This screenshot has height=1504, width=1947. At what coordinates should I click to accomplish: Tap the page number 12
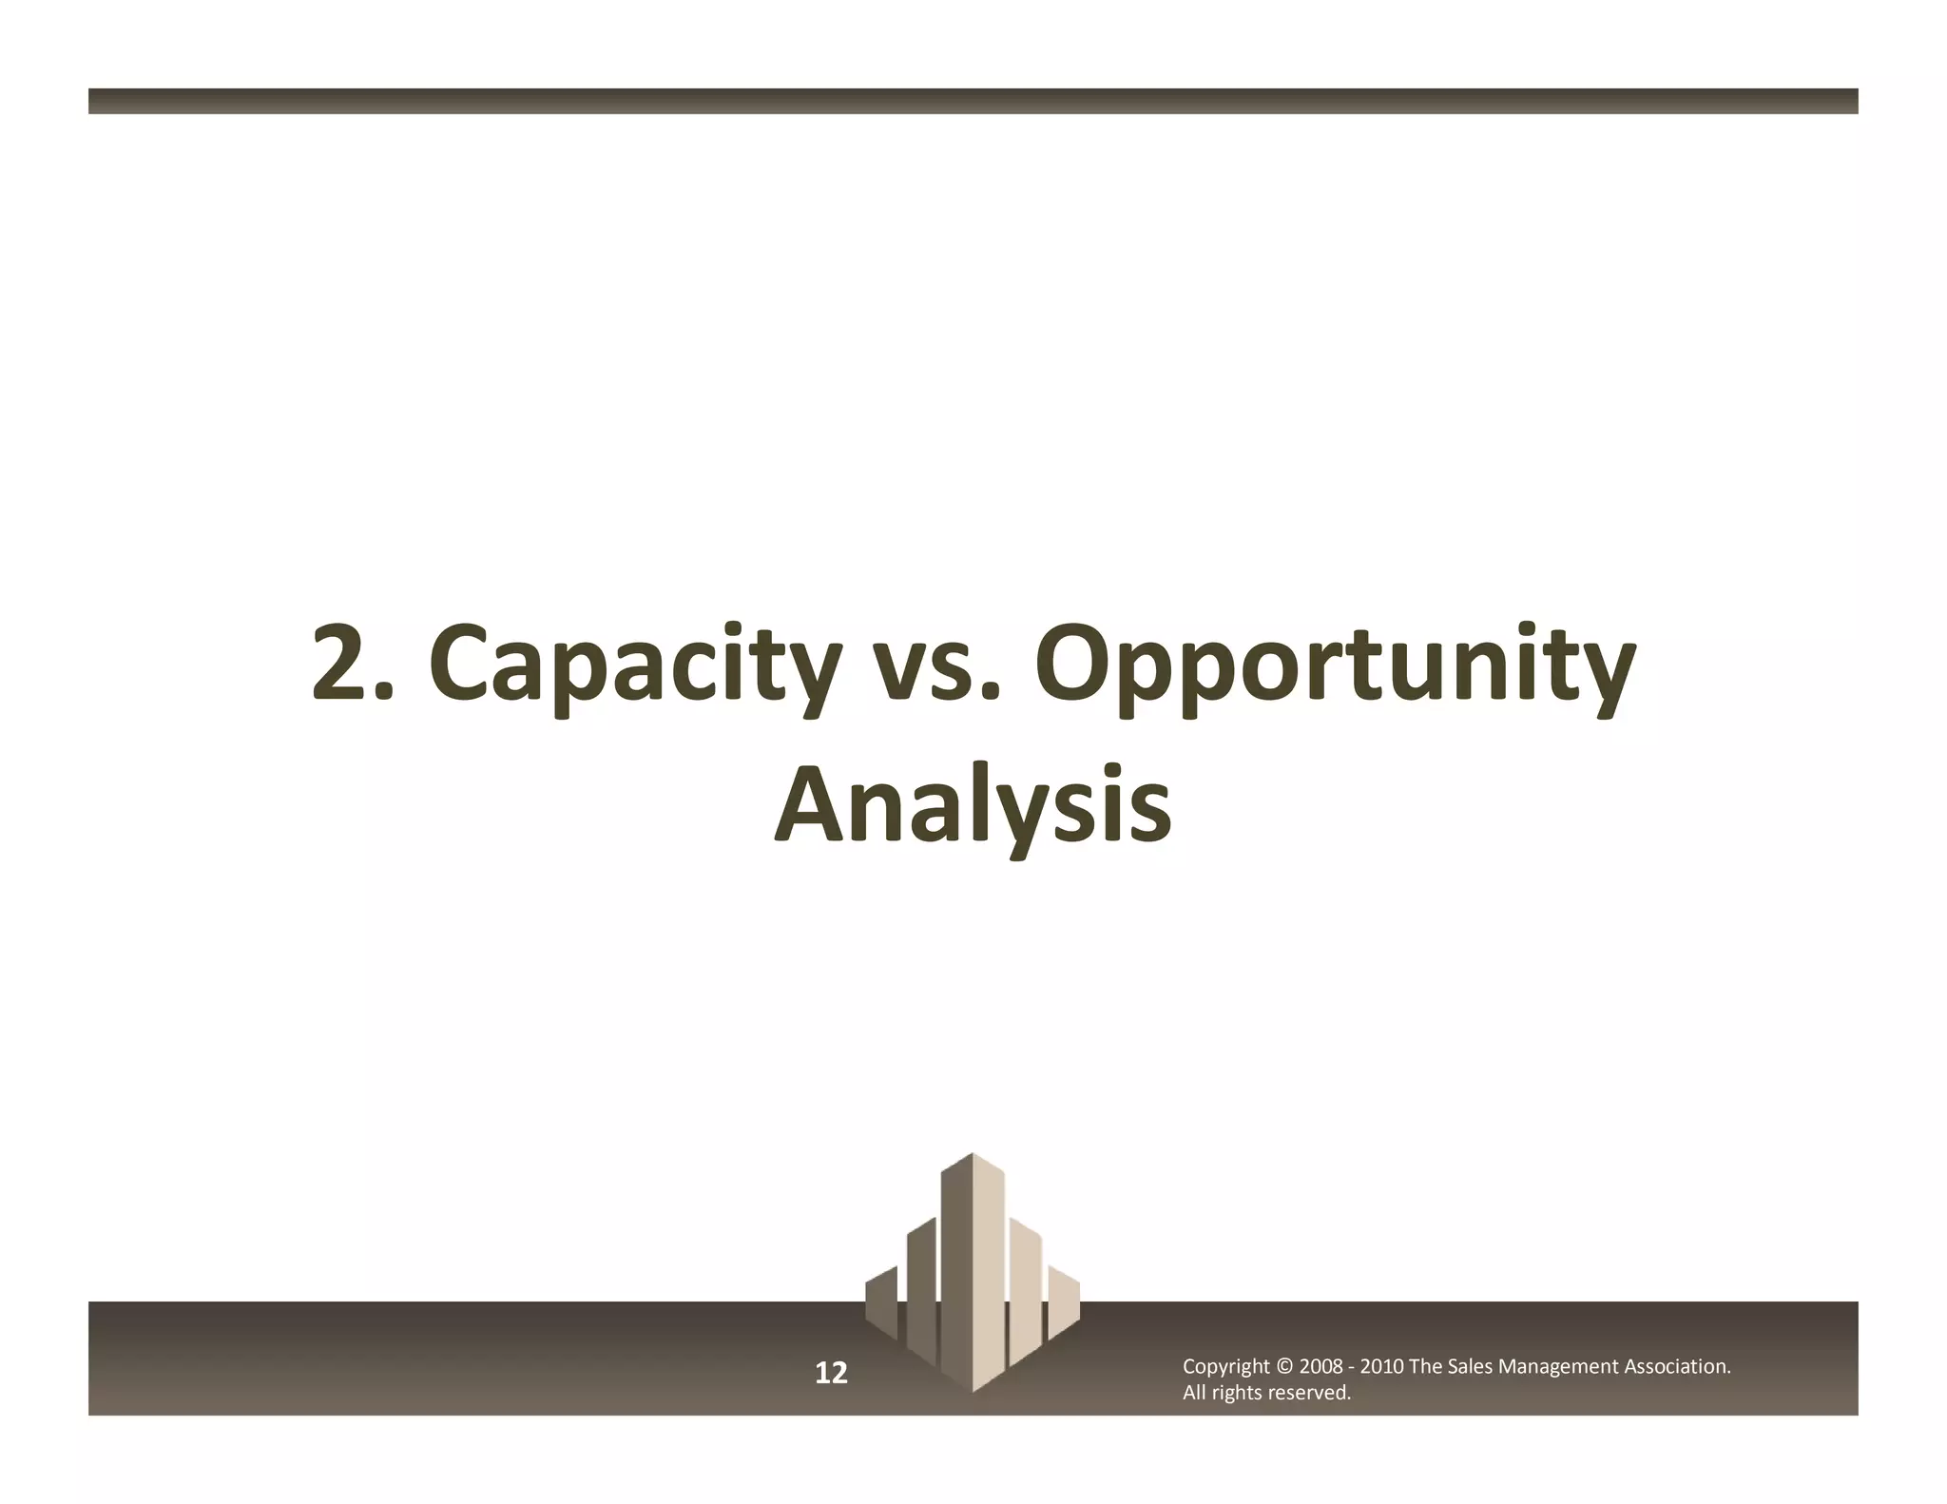coord(831,1373)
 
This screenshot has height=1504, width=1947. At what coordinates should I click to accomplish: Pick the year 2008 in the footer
coord(1320,1367)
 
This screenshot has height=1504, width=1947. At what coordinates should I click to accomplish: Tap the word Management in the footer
coord(1557,1367)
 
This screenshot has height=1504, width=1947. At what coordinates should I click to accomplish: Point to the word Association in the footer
coord(1676,1367)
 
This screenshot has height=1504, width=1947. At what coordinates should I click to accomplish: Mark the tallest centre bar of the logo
coord(972,1264)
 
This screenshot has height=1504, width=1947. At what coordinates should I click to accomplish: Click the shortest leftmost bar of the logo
coord(881,1302)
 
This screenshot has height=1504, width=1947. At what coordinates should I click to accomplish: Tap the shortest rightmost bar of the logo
coord(1064,1302)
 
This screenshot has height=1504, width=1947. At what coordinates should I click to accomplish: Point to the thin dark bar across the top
coord(973,101)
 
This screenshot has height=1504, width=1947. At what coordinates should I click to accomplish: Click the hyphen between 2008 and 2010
coord(1352,1367)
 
